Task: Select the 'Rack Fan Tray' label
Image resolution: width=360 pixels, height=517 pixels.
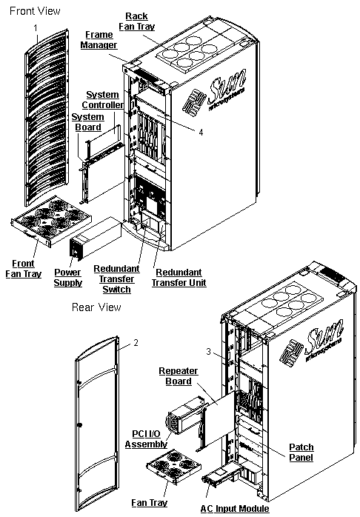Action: point(136,21)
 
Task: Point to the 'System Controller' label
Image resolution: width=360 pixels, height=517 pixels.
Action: point(104,100)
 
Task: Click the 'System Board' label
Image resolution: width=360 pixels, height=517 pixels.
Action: point(87,122)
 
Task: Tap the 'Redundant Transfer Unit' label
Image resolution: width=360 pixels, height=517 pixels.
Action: point(179,278)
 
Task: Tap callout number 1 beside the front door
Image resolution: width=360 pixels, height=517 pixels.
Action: point(35,27)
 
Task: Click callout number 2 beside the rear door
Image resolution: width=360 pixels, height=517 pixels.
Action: point(136,342)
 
